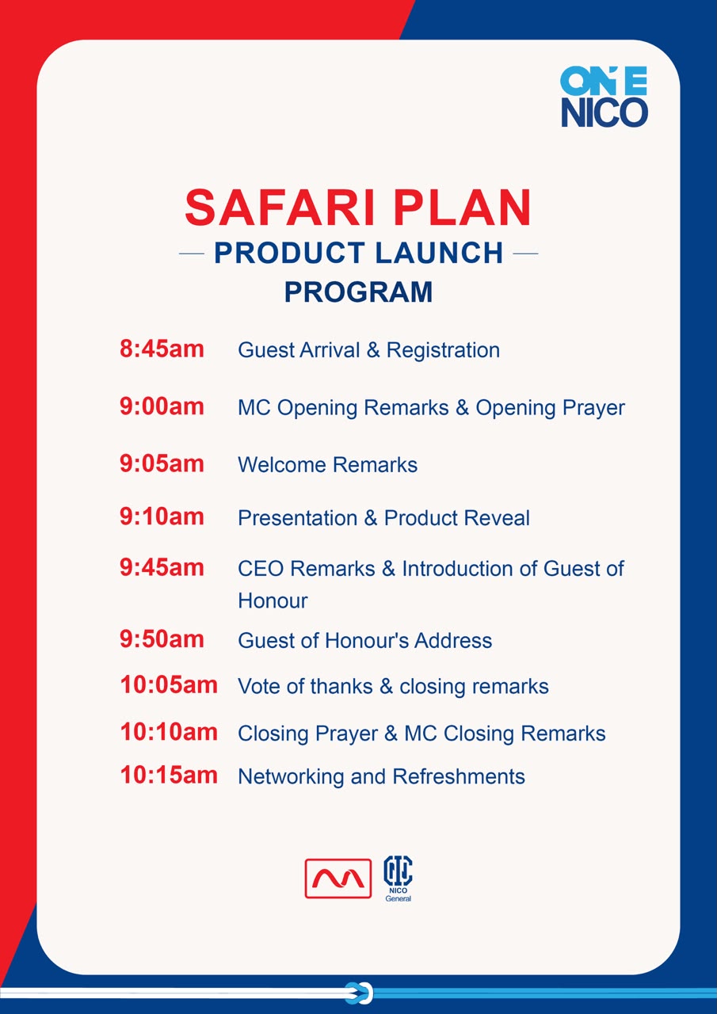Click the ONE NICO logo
click(604, 97)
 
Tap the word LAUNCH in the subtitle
click(439, 253)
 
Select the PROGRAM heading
click(358, 292)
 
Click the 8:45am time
click(162, 349)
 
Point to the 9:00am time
click(162, 406)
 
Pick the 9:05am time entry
click(162, 463)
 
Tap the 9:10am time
click(162, 517)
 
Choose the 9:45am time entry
click(162, 567)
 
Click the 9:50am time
click(162, 639)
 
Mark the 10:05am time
click(169, 685)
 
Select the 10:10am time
click(169, 732)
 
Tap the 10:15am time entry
click(169, 776)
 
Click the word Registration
click(443, 350)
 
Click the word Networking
click(291, 777)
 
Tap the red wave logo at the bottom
click(338, 879)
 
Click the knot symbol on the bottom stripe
click(358, 993)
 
